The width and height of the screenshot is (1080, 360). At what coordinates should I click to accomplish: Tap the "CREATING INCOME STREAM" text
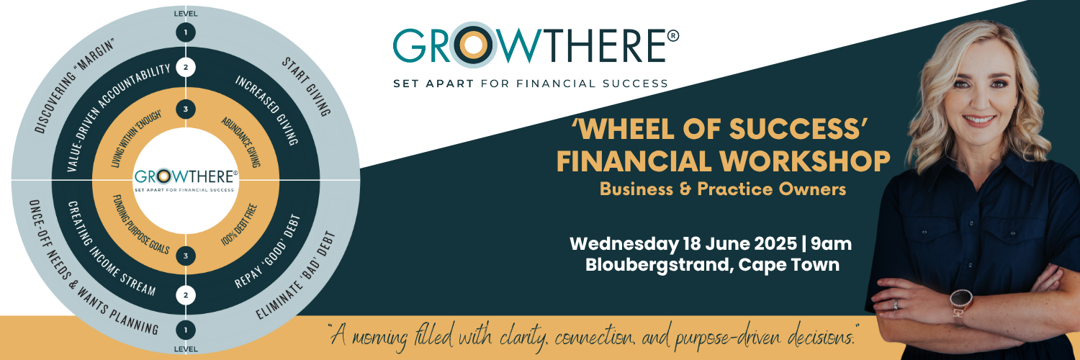click(112, 248)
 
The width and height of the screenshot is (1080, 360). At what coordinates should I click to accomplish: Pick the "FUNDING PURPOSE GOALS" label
click(141, 223)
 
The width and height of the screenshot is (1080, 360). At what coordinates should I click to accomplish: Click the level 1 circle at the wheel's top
click(185, 32)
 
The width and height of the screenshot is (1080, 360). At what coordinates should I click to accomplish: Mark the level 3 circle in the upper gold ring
click(185, 109)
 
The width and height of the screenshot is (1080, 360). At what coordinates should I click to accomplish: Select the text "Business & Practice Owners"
click(722, 190)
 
